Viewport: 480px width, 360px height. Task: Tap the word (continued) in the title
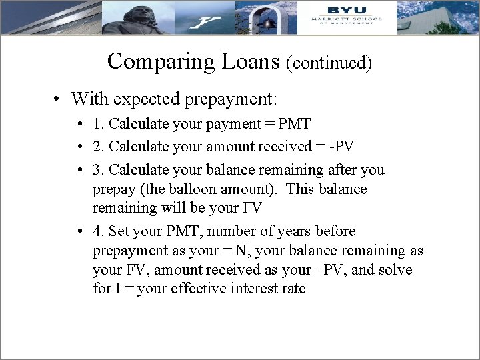(329, 63)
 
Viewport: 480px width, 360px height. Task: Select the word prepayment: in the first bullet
(234, 100)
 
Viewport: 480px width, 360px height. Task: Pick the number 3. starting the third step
(99, 169)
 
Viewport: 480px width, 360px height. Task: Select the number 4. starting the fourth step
(99, 231)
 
